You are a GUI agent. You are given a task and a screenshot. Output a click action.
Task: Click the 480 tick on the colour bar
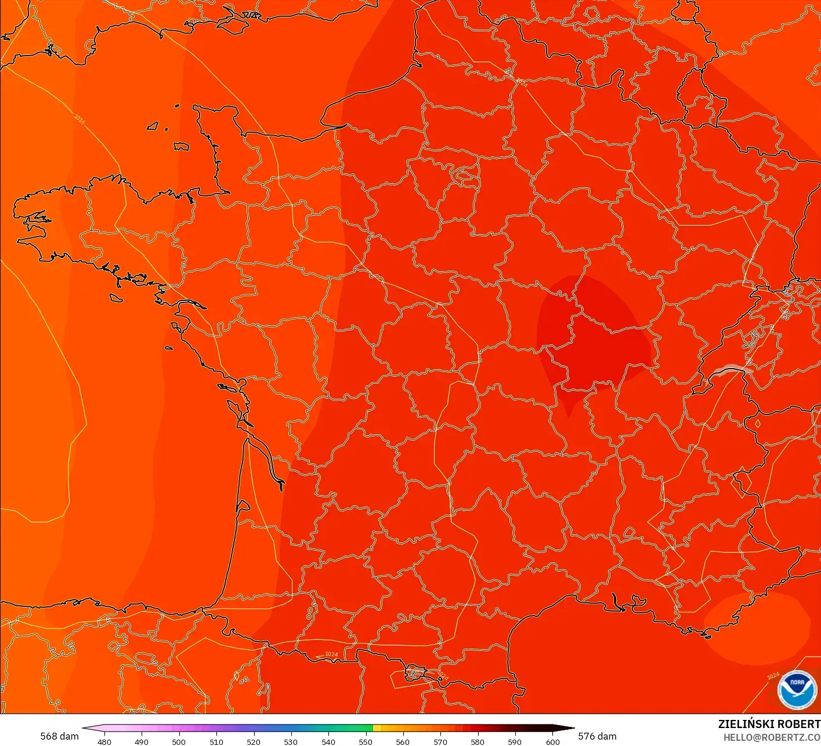pyautogui.click(x=104, y=742)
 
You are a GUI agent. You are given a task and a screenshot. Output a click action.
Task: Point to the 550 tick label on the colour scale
pyautogui.click(x=366, y=742)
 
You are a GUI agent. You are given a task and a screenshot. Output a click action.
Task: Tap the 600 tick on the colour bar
pyautogui.click(x=553, y=742)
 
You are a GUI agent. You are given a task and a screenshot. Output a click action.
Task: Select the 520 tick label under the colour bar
pyautogui.click(x=254, y=742)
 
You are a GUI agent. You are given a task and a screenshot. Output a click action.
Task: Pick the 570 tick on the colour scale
pyautogui.click(x=440, y=742)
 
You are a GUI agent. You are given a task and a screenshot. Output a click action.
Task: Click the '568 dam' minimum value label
pyautogui.click(x=59, y=736)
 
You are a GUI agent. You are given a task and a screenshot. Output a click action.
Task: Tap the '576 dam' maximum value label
pyautogui.click(x=597, y=736)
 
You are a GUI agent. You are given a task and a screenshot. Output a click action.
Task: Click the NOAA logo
pyautogui.click(x=797, y=690)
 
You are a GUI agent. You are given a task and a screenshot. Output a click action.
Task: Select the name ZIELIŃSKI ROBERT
pyautogui.click(x=769, y=724)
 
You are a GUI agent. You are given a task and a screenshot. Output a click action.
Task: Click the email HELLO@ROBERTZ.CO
pyautogui.click(x=772, y=737)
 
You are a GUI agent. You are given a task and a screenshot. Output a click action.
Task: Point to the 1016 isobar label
pyautogui.click(x=79, y=119)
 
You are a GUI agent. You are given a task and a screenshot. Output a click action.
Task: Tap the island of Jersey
pyautogui.click(x=181, y=147)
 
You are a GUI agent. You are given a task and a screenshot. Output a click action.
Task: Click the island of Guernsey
pyautogui.click(x=153, y=126)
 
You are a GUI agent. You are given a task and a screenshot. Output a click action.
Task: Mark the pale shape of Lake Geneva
pyautogui.click(x=733, y=369)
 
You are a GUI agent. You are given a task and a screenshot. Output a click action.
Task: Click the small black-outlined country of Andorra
pyautogui.click(x=416, y=673)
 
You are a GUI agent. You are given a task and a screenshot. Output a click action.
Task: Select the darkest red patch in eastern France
pyautogui.click(x=592, y=336)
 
